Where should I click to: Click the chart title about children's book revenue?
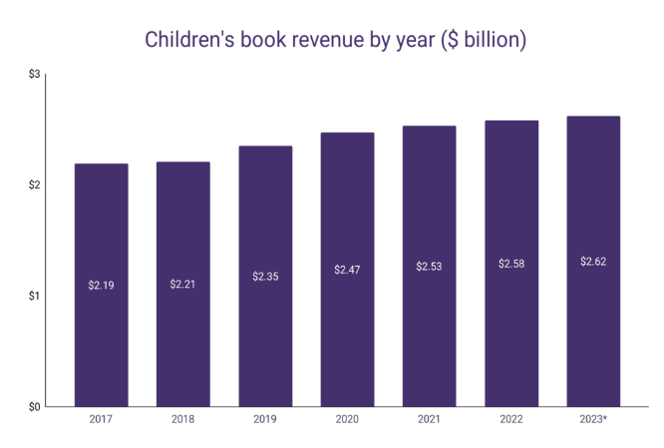pos(335,40)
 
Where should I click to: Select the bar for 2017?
pos(102,285)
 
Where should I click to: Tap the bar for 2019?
pos(265,276)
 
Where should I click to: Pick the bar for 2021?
pos(430,266)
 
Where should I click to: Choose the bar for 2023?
pos(593,262)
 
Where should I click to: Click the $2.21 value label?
pos(182,284)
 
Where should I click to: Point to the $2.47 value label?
pos(347,270)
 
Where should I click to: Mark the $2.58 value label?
pos(511,264)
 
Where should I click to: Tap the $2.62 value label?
pos(593,262)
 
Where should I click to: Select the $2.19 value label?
pos(102,285)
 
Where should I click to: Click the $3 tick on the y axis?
pos(34,74)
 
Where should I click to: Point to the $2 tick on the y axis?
pos(34,185)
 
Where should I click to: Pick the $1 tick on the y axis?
pos(34,296)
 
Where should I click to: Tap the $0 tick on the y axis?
pos(34,407)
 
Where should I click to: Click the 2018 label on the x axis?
pos(182,419)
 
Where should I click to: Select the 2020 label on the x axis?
pos(347,419)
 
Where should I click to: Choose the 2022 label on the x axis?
pos(511,419)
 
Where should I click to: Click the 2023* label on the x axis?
pos(593,419)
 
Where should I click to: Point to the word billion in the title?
pos(492,40)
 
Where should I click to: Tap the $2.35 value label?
pos(265,276)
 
